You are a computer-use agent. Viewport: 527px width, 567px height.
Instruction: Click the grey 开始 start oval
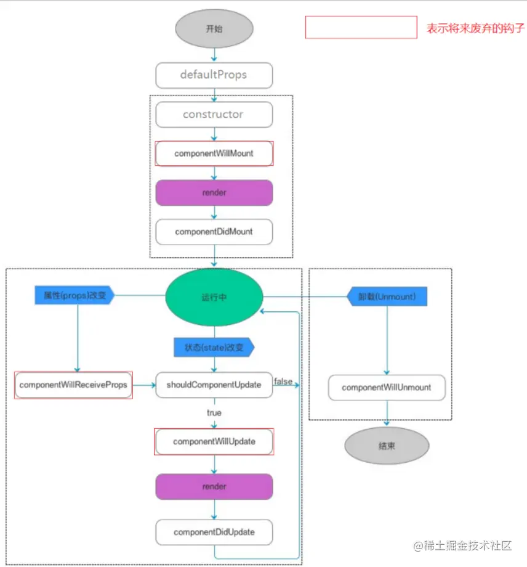click(214, 28)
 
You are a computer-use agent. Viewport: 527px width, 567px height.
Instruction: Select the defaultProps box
click(214, 75)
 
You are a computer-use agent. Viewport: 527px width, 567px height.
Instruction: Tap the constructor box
click(214, 115)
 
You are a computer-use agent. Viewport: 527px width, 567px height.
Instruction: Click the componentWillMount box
click(214, 153)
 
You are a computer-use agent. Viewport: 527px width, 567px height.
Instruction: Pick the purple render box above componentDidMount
click(214, 193)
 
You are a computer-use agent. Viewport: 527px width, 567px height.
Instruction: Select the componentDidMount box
click(214, 232)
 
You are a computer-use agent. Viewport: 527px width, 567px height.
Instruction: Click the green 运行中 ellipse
click(214, 296)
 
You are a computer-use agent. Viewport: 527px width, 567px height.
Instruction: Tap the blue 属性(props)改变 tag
click(74, 295)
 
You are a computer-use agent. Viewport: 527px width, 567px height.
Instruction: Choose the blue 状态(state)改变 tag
click(214, 347)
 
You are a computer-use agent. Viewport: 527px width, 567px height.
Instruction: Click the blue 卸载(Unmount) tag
click(387, 296)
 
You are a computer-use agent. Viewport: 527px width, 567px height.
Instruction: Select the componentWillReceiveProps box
click(73, 385)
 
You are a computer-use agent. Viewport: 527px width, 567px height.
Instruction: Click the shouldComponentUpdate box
click(214, 385)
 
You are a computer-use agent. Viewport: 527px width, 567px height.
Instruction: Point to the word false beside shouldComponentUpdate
click(283, 381)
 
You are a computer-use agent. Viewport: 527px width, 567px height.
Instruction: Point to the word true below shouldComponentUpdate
click(214, 412)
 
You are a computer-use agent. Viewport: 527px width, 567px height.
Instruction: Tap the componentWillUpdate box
click(214, 441)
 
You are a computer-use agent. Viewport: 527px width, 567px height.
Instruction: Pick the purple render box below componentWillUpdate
click(214, 486)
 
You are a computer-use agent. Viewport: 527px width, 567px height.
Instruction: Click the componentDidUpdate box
click(214, 531)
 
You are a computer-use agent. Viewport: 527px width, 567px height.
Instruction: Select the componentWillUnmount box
click(386, 388)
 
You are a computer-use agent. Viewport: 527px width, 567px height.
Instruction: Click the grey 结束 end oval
click(386, 446)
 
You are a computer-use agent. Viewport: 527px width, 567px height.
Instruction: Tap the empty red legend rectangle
click(361, 28)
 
